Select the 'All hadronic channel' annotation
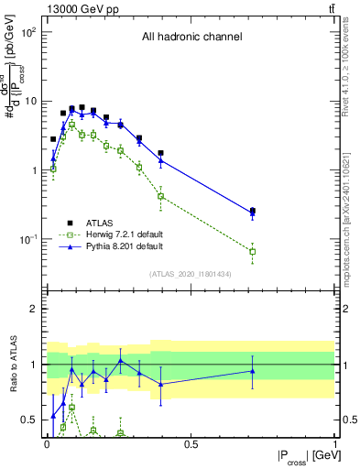pyautogui.click(x=191, y=38)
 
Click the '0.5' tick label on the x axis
pyautogui.click(x=191, y=444)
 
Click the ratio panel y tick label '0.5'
pyautogui.click(x=29, y=420)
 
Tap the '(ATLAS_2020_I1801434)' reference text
pyautogui.click(x=190, y=274)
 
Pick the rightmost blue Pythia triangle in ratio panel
pyautogui.click(x=253, y=371)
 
